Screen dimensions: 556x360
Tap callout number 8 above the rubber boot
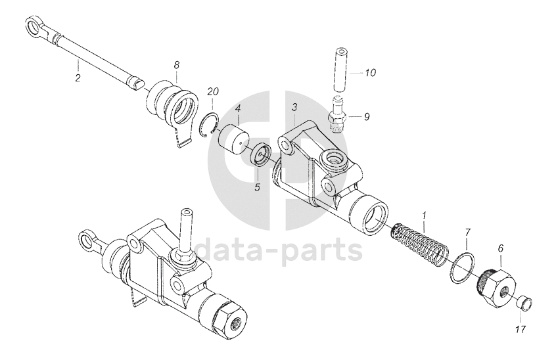[x=176, y=65]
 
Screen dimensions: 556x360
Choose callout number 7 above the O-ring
[x=468, y=233]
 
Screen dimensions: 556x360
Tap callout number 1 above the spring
[x=425, y=215]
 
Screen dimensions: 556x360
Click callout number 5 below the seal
[x=258, y=187]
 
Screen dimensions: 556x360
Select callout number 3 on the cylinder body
[x=295, y=107]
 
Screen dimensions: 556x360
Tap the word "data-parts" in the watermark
[x=279, y=250]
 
